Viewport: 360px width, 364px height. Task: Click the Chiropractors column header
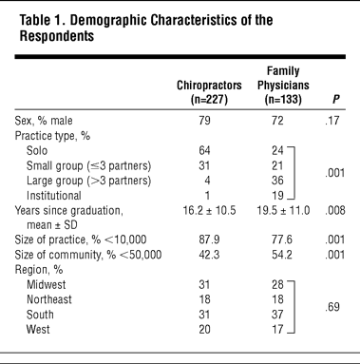click(x=209, y=92)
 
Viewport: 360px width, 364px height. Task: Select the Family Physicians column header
click(x=283, y=85)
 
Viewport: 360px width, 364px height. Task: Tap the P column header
click(x=336, y=100)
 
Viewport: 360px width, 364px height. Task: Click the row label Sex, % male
click(x=44, y=121)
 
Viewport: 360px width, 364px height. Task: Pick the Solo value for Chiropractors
click(x=204, y=150)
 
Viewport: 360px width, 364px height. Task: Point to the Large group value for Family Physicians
click(x=277, y=180)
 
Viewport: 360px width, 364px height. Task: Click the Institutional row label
click(x=54, y=195)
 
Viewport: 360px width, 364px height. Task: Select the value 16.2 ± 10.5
click(x=209, y=210)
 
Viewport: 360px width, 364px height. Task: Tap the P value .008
click(x=335, y=210)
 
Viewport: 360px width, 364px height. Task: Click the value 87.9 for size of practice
click(x=209, y=239)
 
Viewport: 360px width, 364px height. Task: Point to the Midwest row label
click(x=47, y=284)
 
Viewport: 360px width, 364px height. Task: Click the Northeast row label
click(x=49, y=299)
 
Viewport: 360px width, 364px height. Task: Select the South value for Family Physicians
click(x=277, y=315)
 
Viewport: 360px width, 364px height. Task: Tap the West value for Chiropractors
click(x=204, y=329)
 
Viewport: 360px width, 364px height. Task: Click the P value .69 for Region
click(x=332, y=307)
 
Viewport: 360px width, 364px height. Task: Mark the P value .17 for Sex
click(x=332, y=121)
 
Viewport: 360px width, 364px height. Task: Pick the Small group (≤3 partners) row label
click(x=88, y=165)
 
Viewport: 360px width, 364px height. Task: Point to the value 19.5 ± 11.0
click(x=283, y=210)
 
